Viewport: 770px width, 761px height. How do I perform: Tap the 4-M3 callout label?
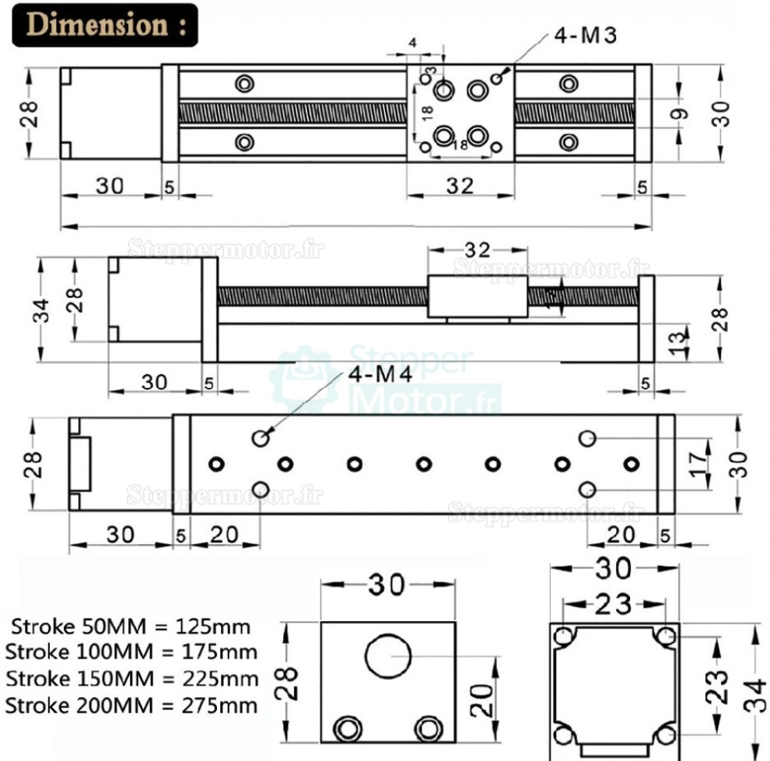pos(584,37)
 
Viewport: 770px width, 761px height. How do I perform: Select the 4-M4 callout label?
pos(381,375)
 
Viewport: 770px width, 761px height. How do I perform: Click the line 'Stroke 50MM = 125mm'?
pos(131,627)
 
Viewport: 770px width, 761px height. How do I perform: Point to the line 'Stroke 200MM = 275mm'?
pos(131,706)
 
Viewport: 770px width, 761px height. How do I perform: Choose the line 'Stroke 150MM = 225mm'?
pos(131,679)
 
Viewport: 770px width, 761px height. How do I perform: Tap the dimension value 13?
pos(678,338)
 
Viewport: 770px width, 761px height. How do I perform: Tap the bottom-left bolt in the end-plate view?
pos(344,729)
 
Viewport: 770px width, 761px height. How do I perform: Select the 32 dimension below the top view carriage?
pos(460,187)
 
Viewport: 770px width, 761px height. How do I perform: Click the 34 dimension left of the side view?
pos(42,311)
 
